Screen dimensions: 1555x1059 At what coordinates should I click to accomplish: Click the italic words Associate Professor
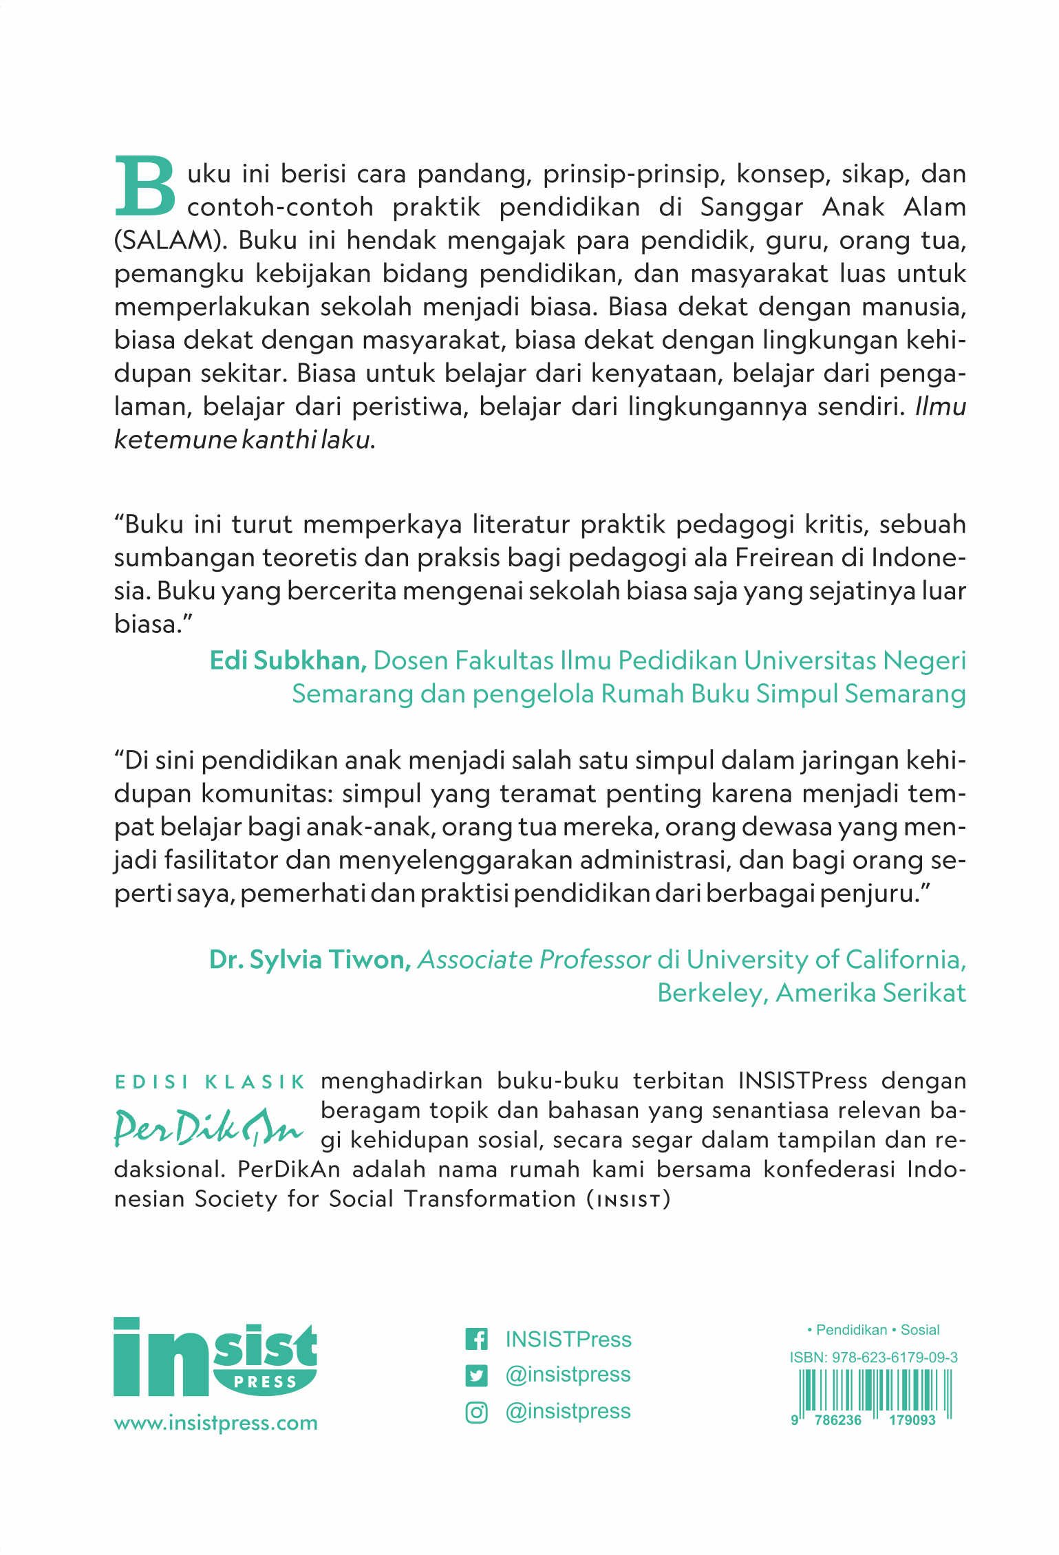pos(535,960)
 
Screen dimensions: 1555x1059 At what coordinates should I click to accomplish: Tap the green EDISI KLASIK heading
pos(210,1082)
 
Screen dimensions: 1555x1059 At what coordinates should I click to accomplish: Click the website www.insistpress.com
pos(215,1422)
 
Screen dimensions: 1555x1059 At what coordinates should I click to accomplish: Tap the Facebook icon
pos(477,1339)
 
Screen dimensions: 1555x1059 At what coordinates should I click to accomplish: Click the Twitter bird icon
pos(477,1375)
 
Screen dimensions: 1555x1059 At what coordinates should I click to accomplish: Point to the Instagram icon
pos(477,1411)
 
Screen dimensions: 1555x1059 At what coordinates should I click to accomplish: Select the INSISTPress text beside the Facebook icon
pos(568,1339)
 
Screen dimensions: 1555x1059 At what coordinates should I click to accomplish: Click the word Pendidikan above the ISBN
pos(851,1329)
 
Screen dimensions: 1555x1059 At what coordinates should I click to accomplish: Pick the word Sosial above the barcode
pos(920,1329)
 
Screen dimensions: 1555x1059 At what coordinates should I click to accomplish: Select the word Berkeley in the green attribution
pos(712,993)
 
